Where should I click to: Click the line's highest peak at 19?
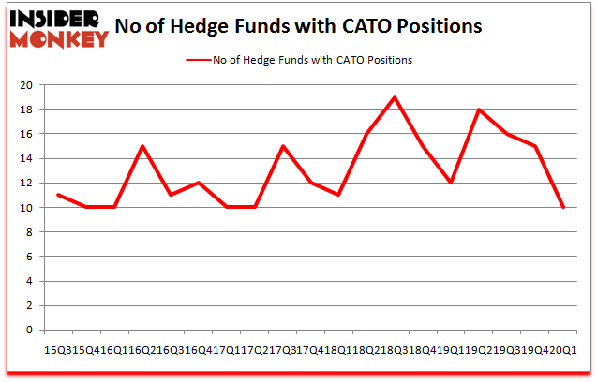pyautogui.click(x=395, y=97)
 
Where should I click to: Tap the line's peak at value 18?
pyautogui.click(x=479, y=110)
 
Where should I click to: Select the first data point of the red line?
pyautogui.click(x=58, y=195)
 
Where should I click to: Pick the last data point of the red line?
pyautogui.click(x=563, y=207)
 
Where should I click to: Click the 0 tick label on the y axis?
pyautogui.click(x=30, y=330)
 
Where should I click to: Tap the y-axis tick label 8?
pyautogui.click(x=30, y=232)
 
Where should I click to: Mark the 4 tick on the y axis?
pyautogui.click(x=30, y=281)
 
